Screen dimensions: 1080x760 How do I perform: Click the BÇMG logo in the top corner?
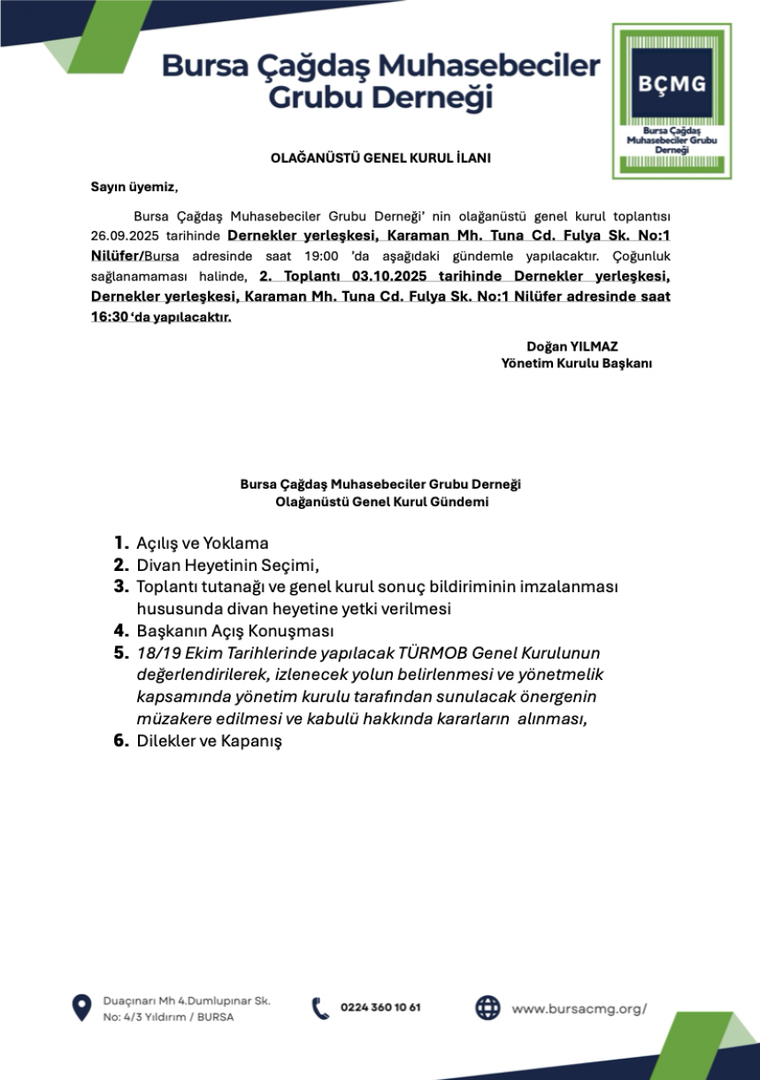[x=672, y=100]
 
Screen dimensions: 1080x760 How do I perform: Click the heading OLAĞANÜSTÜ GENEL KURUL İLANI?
[x=380, y=158]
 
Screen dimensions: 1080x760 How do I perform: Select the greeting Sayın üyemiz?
[x=134, y=187]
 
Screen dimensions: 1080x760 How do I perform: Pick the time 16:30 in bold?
[x=108, y=317]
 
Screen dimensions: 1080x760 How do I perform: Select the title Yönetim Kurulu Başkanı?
[x=576, y=362]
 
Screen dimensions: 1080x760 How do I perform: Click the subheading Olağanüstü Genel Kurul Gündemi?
[x=380, y=502]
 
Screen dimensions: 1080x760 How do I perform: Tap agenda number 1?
[x=119, y=543]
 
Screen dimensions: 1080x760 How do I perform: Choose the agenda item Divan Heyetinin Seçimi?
[x=226, y=565]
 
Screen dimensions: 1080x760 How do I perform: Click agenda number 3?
[x=120, y=587]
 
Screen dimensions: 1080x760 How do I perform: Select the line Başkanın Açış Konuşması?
[x=234, y=631]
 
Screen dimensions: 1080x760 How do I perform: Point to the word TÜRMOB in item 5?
[x=434, y=653]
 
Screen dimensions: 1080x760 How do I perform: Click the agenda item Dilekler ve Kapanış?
[x=209, y=741]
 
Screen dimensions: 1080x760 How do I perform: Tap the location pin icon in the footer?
[x=82, y=1007]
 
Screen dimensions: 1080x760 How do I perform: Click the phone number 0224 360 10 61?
[x=380, y=1007]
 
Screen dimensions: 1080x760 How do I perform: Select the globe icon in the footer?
[x=487, y=1007]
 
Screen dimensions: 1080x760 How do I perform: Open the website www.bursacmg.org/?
[x=580, y=1007]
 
